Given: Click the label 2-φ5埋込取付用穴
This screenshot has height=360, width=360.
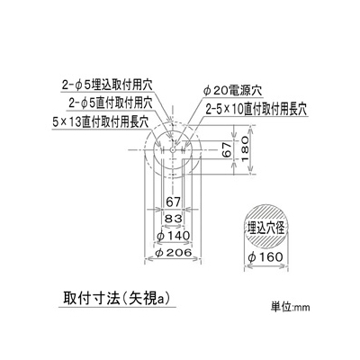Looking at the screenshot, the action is pyautogui.click(x=107, y=85).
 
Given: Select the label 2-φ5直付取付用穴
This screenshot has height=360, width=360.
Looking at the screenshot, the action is pyautogui.click(x=111, y=103).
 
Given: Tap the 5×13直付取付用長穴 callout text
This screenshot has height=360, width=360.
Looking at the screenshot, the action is pyautogui.click(x=101, y=122).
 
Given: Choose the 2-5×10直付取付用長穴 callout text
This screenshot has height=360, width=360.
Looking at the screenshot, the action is pyautogui.click(x=256, y=109).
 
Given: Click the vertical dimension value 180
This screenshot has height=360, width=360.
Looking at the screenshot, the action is pyautogui.click(x=245, y=148).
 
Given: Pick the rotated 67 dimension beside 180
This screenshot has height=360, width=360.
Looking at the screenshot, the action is pyautogui.click(x=228, y=149).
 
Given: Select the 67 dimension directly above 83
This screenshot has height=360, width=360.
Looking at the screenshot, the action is pyautogui.click(x=173, y=202).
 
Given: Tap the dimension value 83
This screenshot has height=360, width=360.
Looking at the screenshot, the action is pyautogui.click(x=173, y=219).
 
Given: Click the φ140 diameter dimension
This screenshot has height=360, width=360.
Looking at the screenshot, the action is pyautogui.click(x=173, y=236).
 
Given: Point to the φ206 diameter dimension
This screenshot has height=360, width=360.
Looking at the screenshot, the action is pyautogui.click(x=174, y=253).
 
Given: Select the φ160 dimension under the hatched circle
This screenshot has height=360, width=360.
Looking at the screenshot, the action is pyautogui.click(x=265, y=257).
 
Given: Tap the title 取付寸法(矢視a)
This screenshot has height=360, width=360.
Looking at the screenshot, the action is pyautogui.click(x=116, y=298).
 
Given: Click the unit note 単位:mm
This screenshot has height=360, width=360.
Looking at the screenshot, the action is pyautogui.click(x=290, y=307).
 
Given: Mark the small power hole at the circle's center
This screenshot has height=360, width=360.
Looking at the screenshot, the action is pyautogui.click(x=173, y=149).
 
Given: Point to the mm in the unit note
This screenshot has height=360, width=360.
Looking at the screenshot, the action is pyautogui.click(x=302, y=309).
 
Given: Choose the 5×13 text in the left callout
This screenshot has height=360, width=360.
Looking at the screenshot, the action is pyautogui.click(x=66, y=122).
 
